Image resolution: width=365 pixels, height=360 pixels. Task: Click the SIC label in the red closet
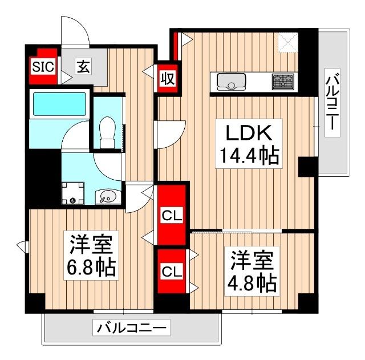click(43, 66)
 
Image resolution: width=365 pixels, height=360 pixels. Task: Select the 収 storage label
click(167, 76)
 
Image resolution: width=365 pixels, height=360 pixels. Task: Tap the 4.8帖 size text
click(253, 281)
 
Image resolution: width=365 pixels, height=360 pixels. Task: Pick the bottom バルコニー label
click(132, 328)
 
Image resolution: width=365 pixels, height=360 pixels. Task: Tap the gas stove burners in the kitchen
click(282, 82)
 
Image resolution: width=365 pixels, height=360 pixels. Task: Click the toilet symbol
click(107, 131)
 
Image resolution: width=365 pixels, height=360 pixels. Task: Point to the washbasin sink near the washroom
click(107, 197)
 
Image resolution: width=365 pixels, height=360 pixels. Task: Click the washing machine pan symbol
click(72, 192)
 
